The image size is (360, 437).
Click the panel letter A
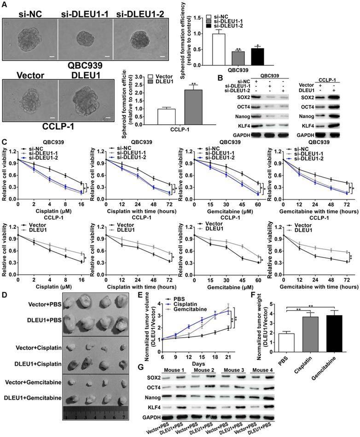coord(4,4)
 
